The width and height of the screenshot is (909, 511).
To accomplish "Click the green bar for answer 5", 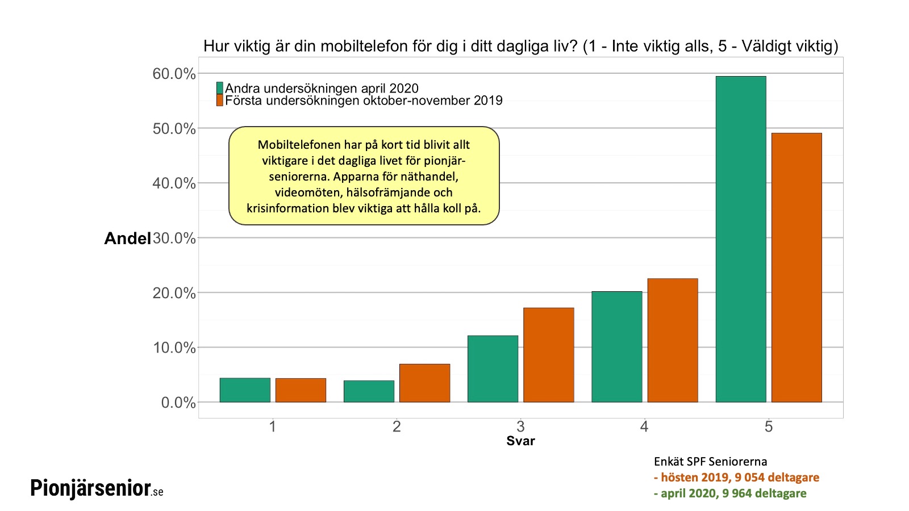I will (x=741, y=239).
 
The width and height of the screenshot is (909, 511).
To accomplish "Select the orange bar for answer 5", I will (x=797, y=267).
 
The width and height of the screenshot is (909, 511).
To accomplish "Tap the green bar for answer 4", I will (x=616, y=347).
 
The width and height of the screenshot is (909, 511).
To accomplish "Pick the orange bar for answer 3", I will (x=548, y=355).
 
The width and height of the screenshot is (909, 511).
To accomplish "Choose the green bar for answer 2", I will (x=369, y=391).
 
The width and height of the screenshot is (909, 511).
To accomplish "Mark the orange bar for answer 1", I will (x=301, y=390).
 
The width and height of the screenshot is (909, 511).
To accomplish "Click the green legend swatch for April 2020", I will (x=220, y=88).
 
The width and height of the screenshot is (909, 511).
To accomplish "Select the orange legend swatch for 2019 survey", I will (x=220, y=100).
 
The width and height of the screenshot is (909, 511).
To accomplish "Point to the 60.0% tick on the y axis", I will (x=174, y=74).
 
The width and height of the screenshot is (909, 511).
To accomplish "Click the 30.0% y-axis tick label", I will (x=174, y=238).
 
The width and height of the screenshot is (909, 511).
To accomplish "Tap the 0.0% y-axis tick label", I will (x=178, y=403).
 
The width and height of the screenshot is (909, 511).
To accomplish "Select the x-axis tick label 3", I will (x=520, y=426).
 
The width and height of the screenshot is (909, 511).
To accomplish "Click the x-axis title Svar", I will (x=520, y=441).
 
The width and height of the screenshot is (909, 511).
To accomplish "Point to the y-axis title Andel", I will (x=127, y=238).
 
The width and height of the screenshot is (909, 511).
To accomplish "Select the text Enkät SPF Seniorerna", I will (x=710, y=462).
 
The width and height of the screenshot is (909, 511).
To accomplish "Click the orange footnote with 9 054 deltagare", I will (x=736, y=478).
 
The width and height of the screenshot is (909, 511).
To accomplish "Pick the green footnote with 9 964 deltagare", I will (x=730, y=493).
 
